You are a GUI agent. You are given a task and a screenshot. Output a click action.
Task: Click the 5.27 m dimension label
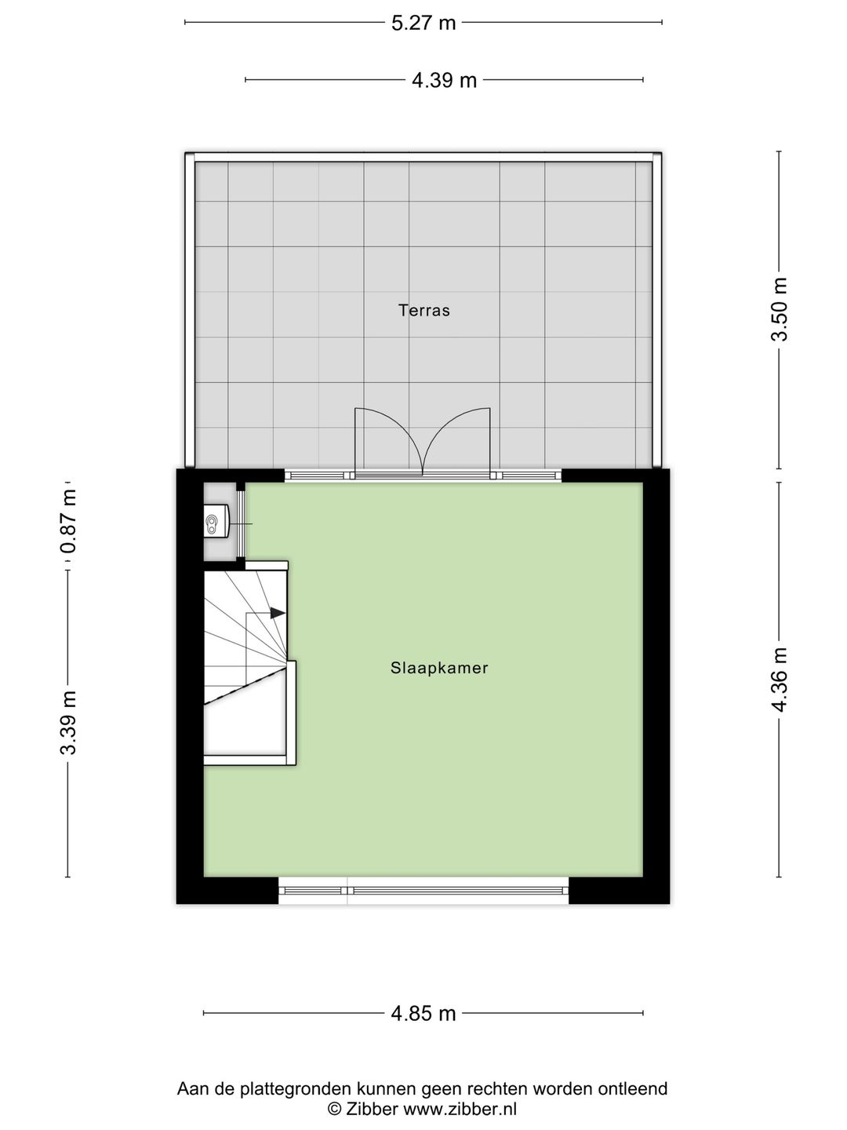point(423,23)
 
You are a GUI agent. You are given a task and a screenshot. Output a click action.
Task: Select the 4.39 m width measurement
point(444,80)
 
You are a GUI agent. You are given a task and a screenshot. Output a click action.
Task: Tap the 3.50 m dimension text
point(780,309)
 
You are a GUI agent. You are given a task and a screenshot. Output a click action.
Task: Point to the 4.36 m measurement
point(780,680)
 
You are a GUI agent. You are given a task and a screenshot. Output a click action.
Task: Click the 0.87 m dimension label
point(69,521)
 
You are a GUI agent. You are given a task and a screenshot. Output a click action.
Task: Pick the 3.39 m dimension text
point(69,723)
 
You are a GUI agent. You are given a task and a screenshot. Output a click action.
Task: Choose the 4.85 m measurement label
point(423,1013)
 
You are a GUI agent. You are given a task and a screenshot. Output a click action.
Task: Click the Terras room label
point(424,311)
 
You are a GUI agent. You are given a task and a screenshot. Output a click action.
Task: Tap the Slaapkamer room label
point(439,669)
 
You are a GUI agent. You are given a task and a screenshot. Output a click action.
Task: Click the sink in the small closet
point(215,521)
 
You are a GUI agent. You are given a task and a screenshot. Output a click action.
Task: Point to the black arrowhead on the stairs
point(278,613)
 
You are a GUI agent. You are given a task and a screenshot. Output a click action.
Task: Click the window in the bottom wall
point(423,890)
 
